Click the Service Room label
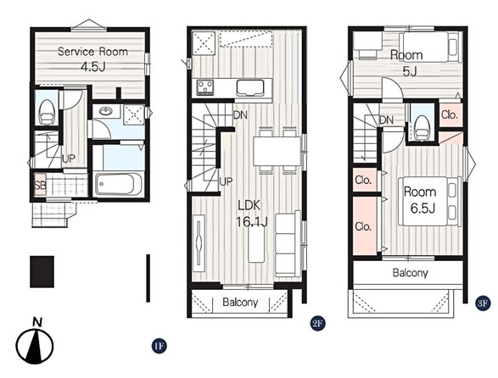point(92,52)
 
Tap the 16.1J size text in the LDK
point(251,221)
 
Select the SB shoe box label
point(40,185)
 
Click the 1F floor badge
point(159,346)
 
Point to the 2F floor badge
point(317,324)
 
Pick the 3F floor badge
point(483,303)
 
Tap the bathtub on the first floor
point(118,184)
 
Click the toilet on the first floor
point(47,112)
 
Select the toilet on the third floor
point(422,128)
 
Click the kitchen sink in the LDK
point(250,88)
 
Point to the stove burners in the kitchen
point(205,87)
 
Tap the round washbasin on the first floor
point(105,111)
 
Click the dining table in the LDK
point(277,151)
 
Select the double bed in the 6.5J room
point(429,201)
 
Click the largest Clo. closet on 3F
point(365,225)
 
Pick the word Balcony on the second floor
point(240,302)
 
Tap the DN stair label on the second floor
point(240,115)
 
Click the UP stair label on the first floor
point(69,158)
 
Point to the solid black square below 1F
point(42,272)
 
